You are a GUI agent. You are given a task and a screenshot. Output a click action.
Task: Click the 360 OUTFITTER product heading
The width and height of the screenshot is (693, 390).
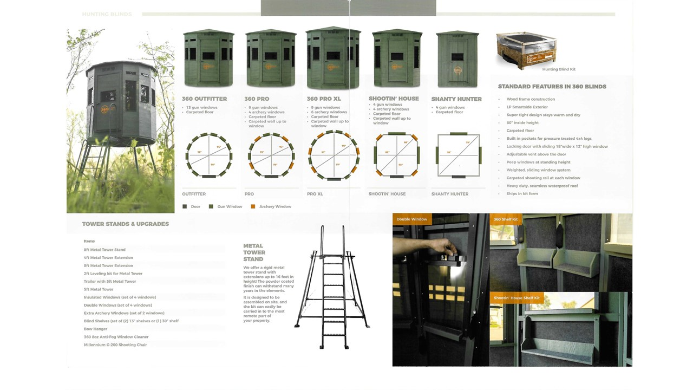[204, 99]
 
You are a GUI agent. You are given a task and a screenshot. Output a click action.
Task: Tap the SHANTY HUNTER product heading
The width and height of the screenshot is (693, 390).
[456, 99]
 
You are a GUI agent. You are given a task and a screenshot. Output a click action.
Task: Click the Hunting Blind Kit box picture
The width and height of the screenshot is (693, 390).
[526, 50]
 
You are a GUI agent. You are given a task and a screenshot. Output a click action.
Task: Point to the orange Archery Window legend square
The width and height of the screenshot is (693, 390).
[253, 206]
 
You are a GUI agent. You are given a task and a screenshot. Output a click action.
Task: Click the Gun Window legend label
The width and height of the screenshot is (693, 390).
[230, 206]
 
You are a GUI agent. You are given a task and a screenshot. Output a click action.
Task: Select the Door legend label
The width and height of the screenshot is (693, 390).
[195, 206]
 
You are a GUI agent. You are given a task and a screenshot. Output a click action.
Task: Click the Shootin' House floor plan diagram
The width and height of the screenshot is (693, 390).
[396, 155]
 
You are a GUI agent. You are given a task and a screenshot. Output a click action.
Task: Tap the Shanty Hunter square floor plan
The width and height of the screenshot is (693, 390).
[459, 155]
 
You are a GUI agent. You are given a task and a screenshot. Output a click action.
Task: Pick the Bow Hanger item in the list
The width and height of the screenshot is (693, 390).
[95, 329]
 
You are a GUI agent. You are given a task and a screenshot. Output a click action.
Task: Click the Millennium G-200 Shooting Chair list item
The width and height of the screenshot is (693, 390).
[115, 344]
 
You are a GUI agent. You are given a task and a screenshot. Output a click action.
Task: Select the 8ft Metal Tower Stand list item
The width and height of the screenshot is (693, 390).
[104, 250]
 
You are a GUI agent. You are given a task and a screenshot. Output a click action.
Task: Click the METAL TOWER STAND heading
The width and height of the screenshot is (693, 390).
[254, 252]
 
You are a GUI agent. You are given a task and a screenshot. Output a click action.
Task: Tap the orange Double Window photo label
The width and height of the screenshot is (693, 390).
[411, 219]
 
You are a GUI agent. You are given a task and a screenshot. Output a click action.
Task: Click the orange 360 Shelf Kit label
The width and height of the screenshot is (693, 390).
[506, 219]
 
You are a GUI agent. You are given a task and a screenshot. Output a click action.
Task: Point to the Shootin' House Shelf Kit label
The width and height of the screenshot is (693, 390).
[517, 298]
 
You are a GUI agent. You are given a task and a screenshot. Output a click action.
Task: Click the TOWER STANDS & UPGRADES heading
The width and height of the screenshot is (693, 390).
[125, 224]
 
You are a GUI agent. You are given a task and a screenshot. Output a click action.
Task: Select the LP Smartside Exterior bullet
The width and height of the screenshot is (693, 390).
[527, 107]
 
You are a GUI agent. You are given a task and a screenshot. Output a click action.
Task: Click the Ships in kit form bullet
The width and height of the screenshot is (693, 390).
[522, 193]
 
